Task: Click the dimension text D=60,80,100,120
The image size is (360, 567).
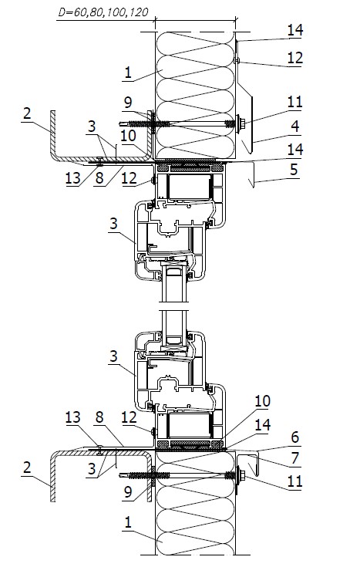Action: [103, 12]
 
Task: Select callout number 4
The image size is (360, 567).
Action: [295, 127]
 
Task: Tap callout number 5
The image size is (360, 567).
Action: [294, 169]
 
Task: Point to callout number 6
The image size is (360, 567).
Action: [295, 437]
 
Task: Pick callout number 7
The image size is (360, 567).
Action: [295, 458]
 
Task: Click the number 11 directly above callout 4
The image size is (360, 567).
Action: [294, 102]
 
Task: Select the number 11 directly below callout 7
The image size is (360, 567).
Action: [294, 481]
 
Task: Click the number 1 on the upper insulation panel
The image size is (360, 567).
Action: [128, 73]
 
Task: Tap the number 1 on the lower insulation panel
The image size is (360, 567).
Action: [128, 522]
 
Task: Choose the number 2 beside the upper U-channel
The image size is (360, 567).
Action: [27, 114]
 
